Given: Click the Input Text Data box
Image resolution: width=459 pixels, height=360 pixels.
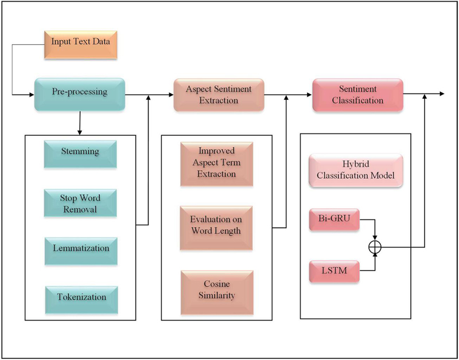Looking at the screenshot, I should click(80, 42).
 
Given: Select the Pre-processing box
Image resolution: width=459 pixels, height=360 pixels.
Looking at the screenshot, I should click(79, 95).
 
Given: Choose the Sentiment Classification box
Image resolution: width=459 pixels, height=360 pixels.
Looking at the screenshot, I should click(357, 95).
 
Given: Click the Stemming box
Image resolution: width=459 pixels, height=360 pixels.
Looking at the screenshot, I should click(80, 152).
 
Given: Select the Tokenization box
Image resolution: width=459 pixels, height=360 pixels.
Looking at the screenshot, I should click(80, 298).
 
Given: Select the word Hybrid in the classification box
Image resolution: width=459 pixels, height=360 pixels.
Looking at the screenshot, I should click(339, 163).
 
